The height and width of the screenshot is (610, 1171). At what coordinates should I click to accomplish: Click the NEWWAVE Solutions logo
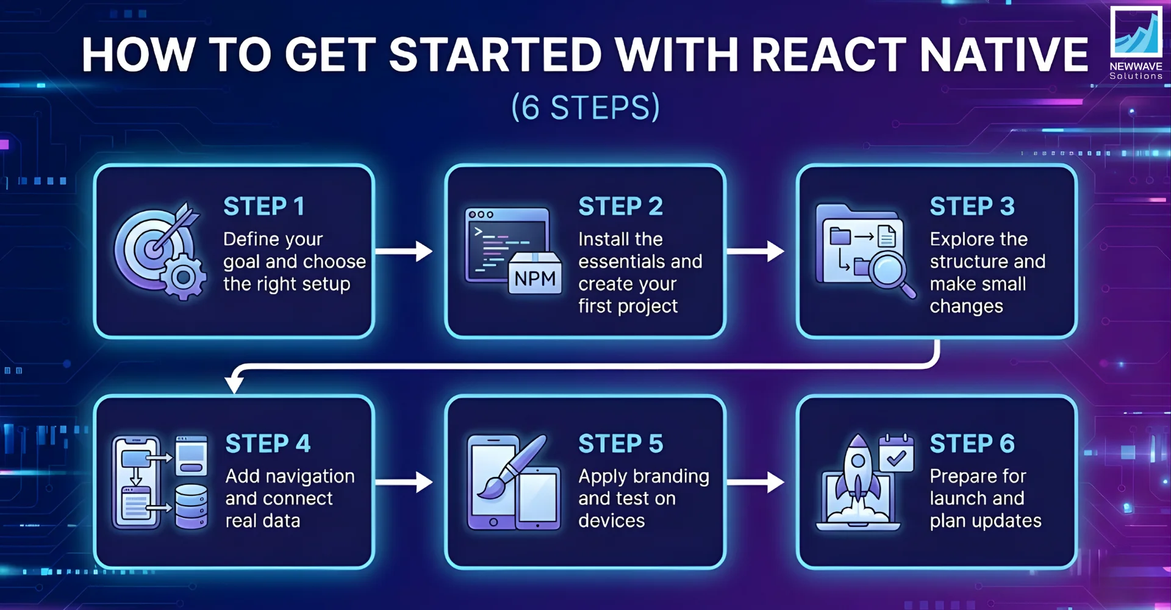[x=1136, y=43]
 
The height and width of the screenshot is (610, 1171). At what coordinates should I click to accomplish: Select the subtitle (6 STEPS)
[x=585, y=107]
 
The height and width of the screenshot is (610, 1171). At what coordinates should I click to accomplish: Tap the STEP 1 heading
[x=263, y=207]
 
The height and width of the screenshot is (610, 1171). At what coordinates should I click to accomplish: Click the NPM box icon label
[x=535, y=279]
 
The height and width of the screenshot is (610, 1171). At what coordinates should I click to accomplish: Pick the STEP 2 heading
[x=620, y=207]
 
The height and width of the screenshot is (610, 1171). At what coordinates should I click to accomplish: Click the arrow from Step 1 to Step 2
[x=404, y=251]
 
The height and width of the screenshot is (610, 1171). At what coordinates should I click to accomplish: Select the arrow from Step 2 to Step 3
[x=755, y=251]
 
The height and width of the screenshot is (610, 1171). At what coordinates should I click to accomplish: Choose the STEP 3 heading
[x=972, y=207]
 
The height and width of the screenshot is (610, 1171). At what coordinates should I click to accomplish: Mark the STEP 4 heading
[x=268, y=444]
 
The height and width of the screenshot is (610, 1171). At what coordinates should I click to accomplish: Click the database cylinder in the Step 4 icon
[x=192, y=506]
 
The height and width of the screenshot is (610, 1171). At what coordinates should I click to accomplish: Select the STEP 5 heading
[x=620, y=444]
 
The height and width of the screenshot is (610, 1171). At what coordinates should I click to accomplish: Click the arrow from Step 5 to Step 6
[x=755, y=482]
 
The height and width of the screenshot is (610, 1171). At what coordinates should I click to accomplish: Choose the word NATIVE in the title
[x=1003, y=55]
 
